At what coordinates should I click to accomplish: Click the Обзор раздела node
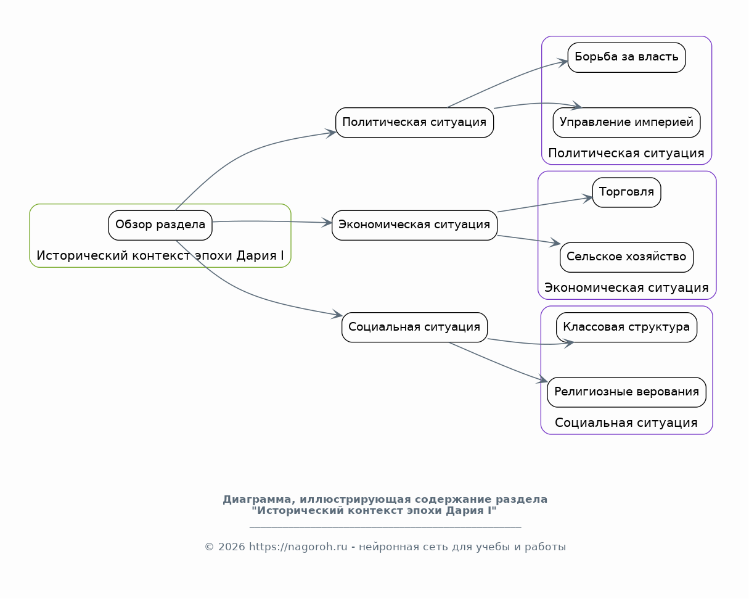pyautogui.click(x=160, y=225)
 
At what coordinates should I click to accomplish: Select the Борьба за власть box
pyautogui.click(x=626, y=57)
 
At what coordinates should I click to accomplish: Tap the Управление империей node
pyautogui.click(x=626, y=123)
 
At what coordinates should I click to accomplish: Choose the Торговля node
pyautogui.click(x=626, y=192)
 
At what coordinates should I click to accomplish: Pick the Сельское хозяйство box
pyautogui.click(x=626, y=257)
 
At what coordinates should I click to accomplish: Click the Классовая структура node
pyautogui.click(x=626, y=328)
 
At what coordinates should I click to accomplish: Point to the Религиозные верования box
pyautogui.click(x=626, y=392)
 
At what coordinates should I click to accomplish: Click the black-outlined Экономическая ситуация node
pyautogui.click(x=414, y=225)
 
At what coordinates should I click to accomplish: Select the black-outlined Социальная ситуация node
pyautogui.click(x=414, y=328)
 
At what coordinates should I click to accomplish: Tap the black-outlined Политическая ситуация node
pyautogui.click(x=414, y=123)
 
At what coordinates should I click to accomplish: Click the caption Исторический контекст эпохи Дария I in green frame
pyautogui.click(x=160, y=255)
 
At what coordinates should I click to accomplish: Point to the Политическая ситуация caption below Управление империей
pyautogui.click(x=626, y=153)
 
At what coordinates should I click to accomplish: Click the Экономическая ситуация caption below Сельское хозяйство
pyautogui.click(x=626, y=287)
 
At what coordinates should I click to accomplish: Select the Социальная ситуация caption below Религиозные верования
pyautogui.click(x=626, y=423)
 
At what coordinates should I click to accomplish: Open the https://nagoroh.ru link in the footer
pyautogui.click(x=298, y=547)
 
